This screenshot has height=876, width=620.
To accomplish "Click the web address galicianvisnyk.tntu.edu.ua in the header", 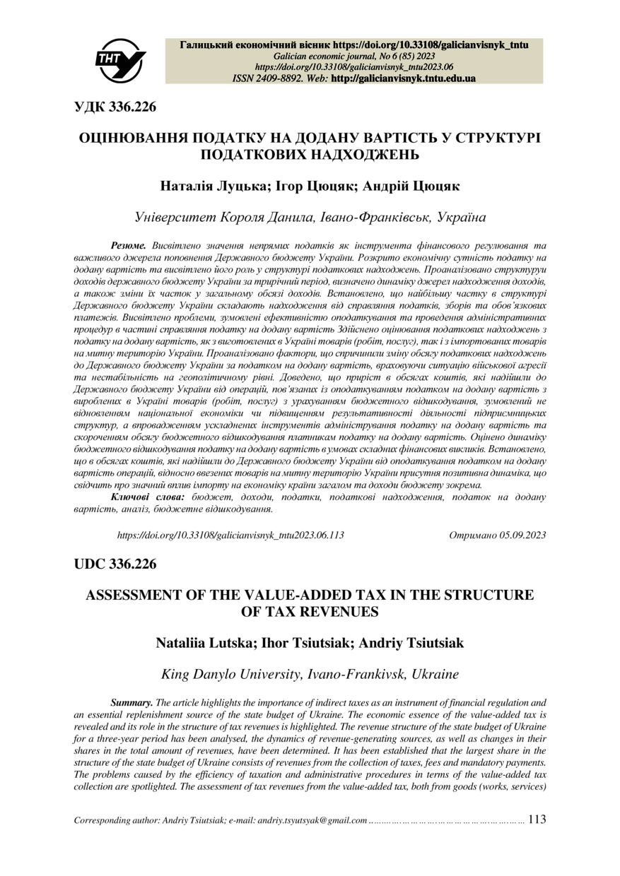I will pos(403,78).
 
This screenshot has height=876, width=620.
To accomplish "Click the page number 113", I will pos(537,819).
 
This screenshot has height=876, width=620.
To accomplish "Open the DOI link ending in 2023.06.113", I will pos(230,535).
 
